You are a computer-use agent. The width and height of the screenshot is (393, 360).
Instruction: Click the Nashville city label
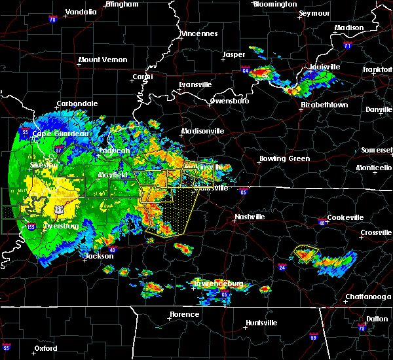point(250,217)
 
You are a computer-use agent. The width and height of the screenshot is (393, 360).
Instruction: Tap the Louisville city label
point(326,67)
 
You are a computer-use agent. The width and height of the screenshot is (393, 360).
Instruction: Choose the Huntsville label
point(261,323)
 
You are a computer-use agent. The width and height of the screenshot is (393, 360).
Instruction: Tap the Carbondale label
point(77,103)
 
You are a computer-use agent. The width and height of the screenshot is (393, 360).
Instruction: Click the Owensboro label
point(229,101)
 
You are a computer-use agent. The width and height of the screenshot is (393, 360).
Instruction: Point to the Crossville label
point(376,232)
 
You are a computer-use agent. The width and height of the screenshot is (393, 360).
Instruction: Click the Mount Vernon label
point(103,60)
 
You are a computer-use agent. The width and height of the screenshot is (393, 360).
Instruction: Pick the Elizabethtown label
point(324,105)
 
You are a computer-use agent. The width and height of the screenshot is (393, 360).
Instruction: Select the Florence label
point(184,315)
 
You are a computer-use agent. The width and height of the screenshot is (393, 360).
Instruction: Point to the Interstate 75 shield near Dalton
point(363,327)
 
